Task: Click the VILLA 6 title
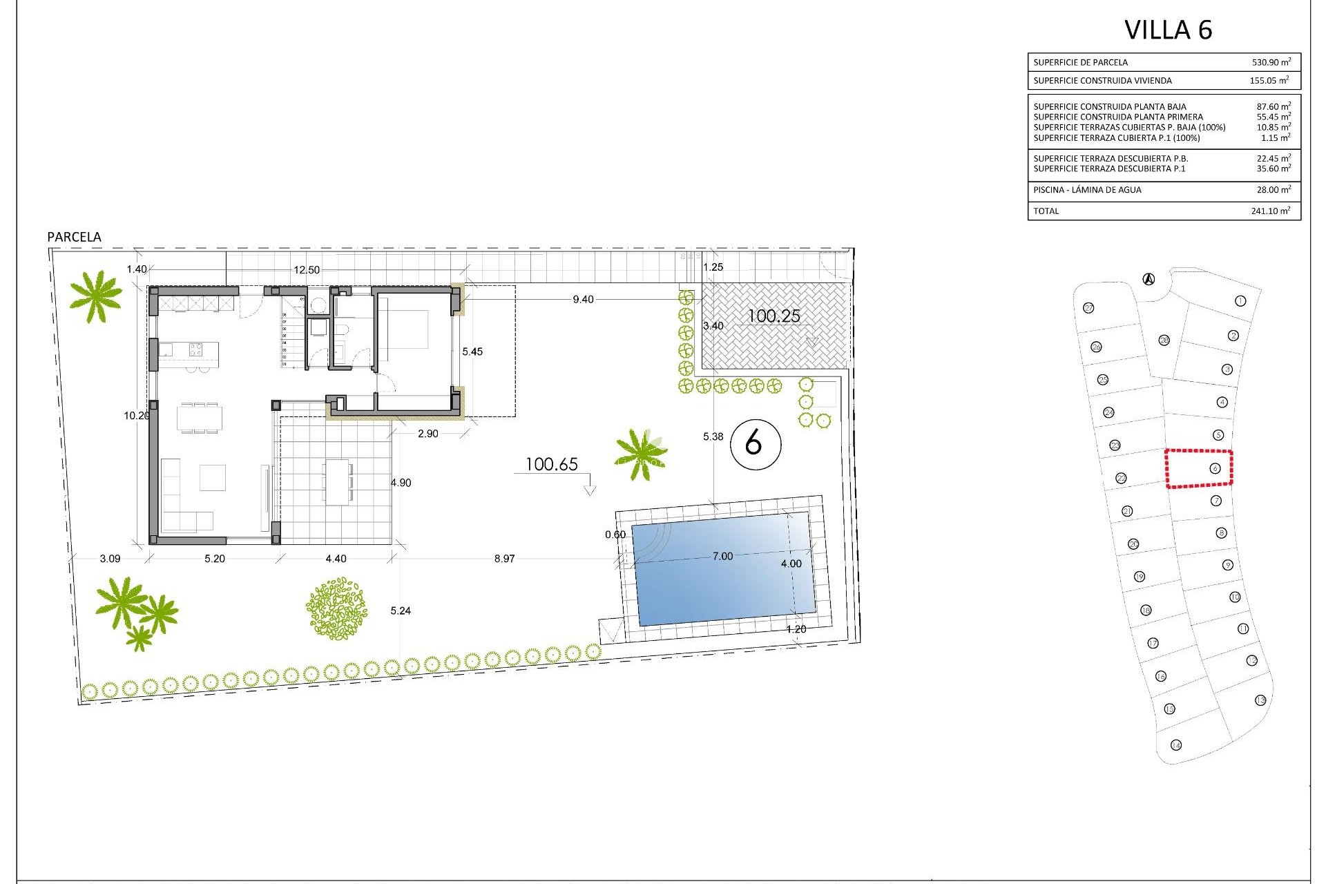point(1168,30)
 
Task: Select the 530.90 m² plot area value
point(1271,62)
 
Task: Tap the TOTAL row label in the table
point(1046,211)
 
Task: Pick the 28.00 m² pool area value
point(1273,190)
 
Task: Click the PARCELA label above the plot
point(74,237)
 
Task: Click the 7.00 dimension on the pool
point(722,557)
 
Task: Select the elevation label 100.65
point(551,465)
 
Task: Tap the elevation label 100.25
point(774,316)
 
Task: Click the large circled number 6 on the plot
point(755,443)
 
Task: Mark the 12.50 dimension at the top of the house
point(307,270)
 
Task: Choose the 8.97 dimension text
point(504,559)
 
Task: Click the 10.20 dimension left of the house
point(136,416)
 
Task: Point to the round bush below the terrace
point(336,609)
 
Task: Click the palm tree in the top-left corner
point(96,296)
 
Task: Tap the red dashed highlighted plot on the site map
point(1199,469)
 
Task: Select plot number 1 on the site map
point(1240,301)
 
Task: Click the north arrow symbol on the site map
point(1149,279)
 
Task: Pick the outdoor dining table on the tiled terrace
point(338,482)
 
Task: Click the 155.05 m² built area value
point(1269,81)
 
